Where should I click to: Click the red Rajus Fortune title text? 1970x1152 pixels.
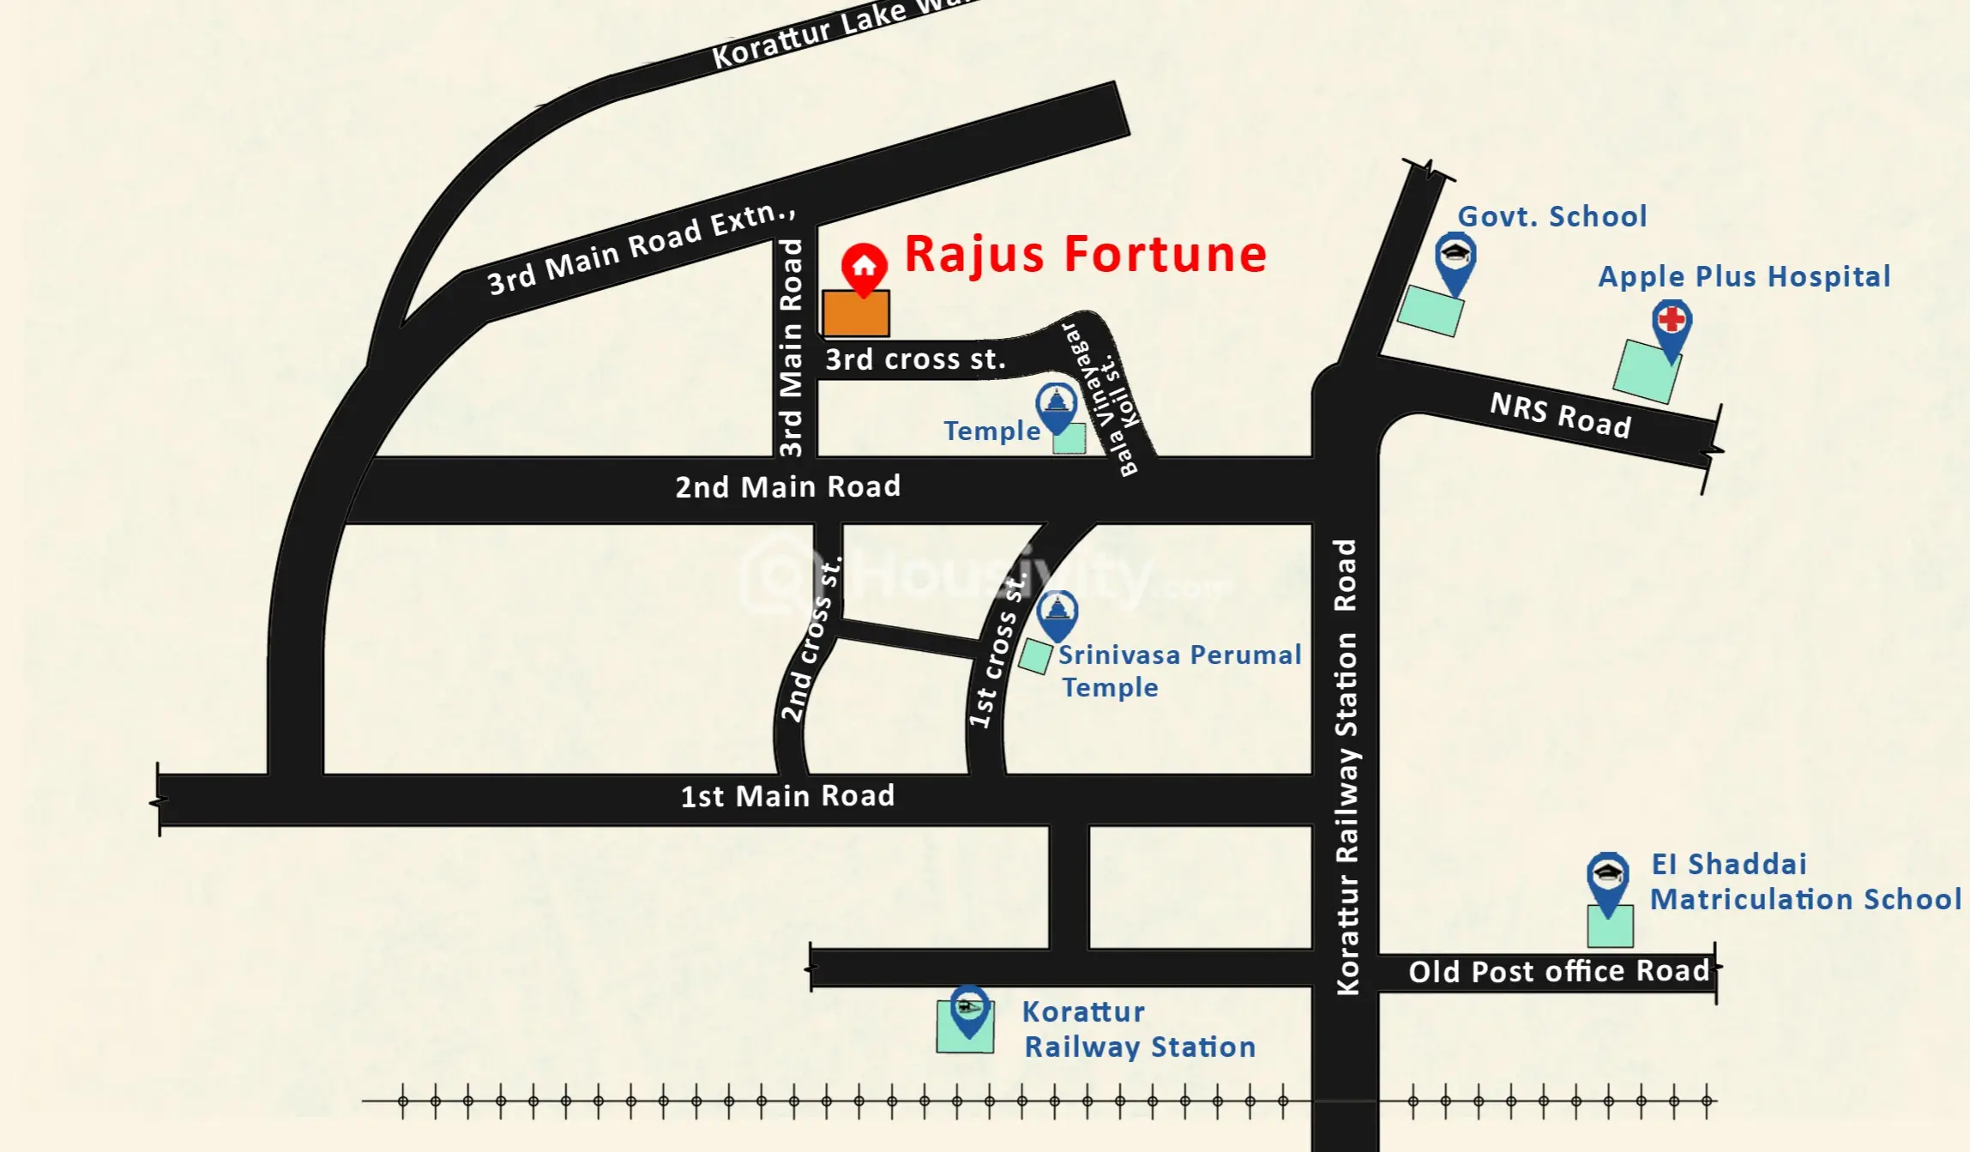point(1085,254)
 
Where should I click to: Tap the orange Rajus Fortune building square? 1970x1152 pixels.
point(855,313)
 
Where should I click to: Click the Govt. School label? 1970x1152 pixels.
point(1551,216)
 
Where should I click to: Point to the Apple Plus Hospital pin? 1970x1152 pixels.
point(1672,327)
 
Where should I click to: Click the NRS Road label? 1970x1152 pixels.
point(1560,415)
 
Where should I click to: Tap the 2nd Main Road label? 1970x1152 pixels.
point(787,487)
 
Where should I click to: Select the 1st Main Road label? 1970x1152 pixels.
point(787,796)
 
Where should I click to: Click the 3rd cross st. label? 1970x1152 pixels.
point(914,359)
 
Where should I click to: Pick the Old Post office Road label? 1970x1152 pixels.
point(1558,971)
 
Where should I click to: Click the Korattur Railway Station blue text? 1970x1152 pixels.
point(1138,1029)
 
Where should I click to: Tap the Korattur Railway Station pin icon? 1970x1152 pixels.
point(969,1009)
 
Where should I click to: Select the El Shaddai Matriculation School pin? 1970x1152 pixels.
point(1607,880)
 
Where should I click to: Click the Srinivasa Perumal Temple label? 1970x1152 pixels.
point(1178,671)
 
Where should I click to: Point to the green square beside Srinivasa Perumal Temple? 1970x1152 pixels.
point(1035,657)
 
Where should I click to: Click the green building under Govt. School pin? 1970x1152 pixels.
point(1430,311)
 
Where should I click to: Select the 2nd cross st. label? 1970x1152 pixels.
point(810,640)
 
